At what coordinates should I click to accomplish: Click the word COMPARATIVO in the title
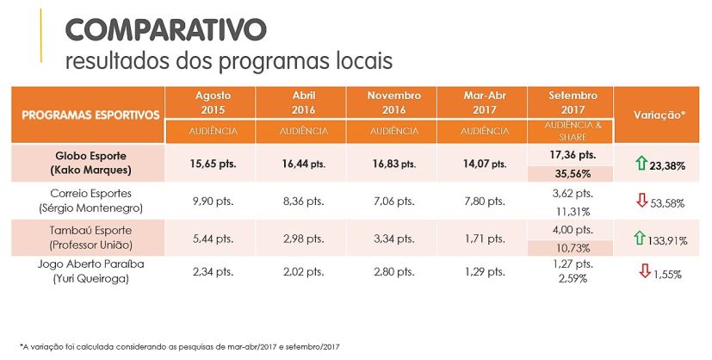pyautogui.click(x=166, y=29)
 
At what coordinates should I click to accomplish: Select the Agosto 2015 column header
pyautogui.click(x=211, y=102)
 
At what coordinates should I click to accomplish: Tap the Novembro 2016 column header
pyautogui.click(x=393, y=102)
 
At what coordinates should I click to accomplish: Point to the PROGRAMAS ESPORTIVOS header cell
pyautogui.click(x=90, y=115)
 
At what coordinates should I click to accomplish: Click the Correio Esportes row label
pyautogui.click(x=90, y=201)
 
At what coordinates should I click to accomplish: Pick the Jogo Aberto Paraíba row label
pyautogui.click(x=90, y=271)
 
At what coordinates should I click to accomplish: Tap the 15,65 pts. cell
pyautogui.click(x=212, y=163)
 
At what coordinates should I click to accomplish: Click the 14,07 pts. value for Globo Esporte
pyautogui.click(x=485, y=163)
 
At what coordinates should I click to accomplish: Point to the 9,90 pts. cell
pyautogui.click(x=212, y=201)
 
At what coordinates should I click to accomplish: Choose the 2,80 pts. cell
pyautogui.click(x=393, y=272)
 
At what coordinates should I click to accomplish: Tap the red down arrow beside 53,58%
pyautogui.click(x=641, y=202)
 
